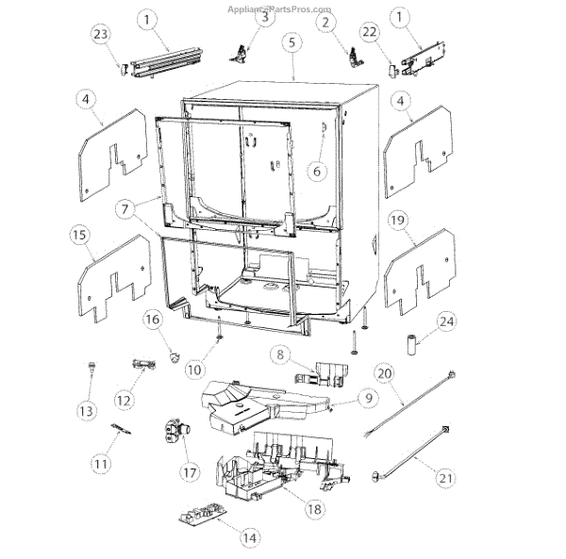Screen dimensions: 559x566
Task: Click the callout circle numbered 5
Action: click(292, 41)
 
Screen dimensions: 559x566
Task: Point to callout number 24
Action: click(446, 322)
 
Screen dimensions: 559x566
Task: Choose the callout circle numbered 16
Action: click(153, 321)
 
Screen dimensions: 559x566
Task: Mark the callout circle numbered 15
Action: click(81, 232)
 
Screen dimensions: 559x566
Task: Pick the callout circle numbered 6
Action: click(317, 172)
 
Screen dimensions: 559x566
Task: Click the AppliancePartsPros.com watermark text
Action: click(281, 8)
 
